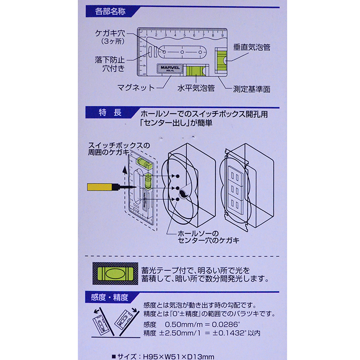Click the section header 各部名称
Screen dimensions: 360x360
point(110,11)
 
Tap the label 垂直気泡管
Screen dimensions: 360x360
point(252,47)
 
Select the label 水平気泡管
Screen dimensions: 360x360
point(196,88)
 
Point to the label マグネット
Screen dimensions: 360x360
point(136,88)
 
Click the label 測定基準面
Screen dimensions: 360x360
point(252,89)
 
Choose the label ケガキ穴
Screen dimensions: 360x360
point(110,33)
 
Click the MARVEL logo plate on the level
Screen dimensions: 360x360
point(170,69)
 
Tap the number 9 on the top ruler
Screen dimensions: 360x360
point(222,36)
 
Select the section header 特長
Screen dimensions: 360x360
point(110,112)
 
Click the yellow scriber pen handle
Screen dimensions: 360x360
point(99,187)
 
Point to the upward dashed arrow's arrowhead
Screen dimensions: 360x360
point(125,170)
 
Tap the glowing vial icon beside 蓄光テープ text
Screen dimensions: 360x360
point(115,274)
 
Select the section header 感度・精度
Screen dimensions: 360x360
point(109,297)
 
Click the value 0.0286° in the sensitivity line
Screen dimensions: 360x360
point(226,324)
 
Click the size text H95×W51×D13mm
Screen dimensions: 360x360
point(179,356)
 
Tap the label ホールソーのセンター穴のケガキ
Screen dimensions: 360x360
point(208,237)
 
